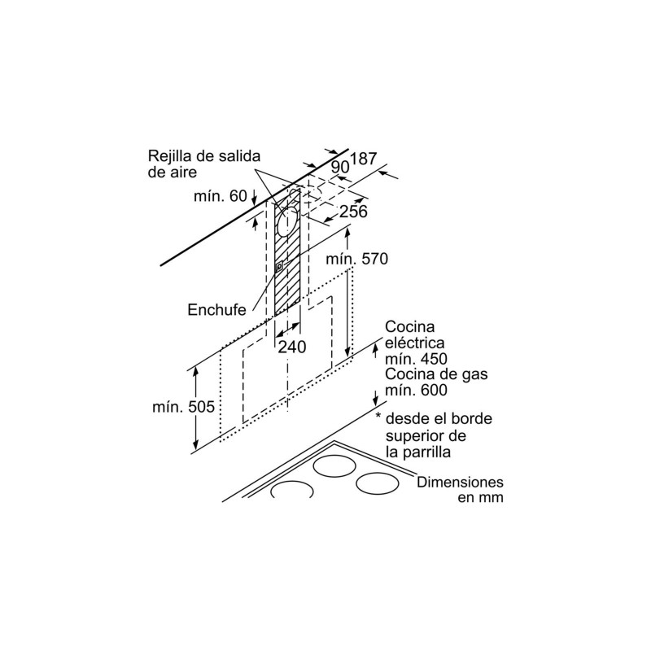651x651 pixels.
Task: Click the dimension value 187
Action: click(364, 159)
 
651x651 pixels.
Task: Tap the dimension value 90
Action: click(340, 167)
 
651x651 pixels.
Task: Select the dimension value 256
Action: click(353, 212)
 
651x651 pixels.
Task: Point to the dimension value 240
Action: click(292, 347)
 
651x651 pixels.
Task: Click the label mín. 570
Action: click(356, 259)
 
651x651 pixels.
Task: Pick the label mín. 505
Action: click(184, 406)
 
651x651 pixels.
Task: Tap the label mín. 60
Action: click(220, 195)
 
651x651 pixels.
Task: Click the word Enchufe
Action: click(216, 310)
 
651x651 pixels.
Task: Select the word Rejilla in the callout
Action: click(167, 156)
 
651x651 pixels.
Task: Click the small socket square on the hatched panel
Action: click(279, 266)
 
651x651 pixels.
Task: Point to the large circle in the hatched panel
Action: click(287, 221)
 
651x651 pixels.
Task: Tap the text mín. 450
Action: click(416, 358)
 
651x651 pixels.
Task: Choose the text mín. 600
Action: click(416, 390)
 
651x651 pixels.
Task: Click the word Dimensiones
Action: click(460, 482)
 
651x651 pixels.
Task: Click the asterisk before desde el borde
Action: click(378, 416)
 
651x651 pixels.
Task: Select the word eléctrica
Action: click(415, 343)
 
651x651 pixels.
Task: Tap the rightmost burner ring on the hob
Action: click(378, 484)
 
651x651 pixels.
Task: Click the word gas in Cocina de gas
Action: click(474, 374)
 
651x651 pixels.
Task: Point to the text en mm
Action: click(480, 497)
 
